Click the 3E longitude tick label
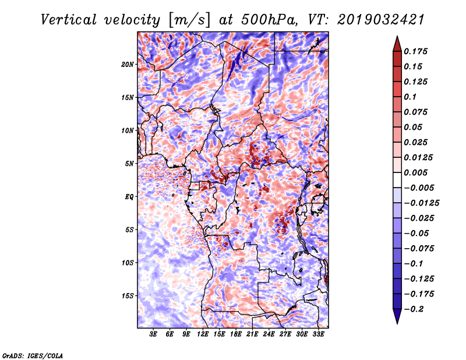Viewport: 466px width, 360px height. (153, 334)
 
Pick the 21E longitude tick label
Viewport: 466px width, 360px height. (253, 334)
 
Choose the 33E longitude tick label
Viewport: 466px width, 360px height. (319, 334)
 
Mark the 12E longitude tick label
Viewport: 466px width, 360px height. (203, 334)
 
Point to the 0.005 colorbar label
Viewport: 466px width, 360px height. (417, 172)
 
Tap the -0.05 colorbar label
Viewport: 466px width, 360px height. (417, 233)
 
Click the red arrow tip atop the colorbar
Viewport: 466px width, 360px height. (397, 42)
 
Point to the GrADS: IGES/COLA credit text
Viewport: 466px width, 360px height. (32, 355)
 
